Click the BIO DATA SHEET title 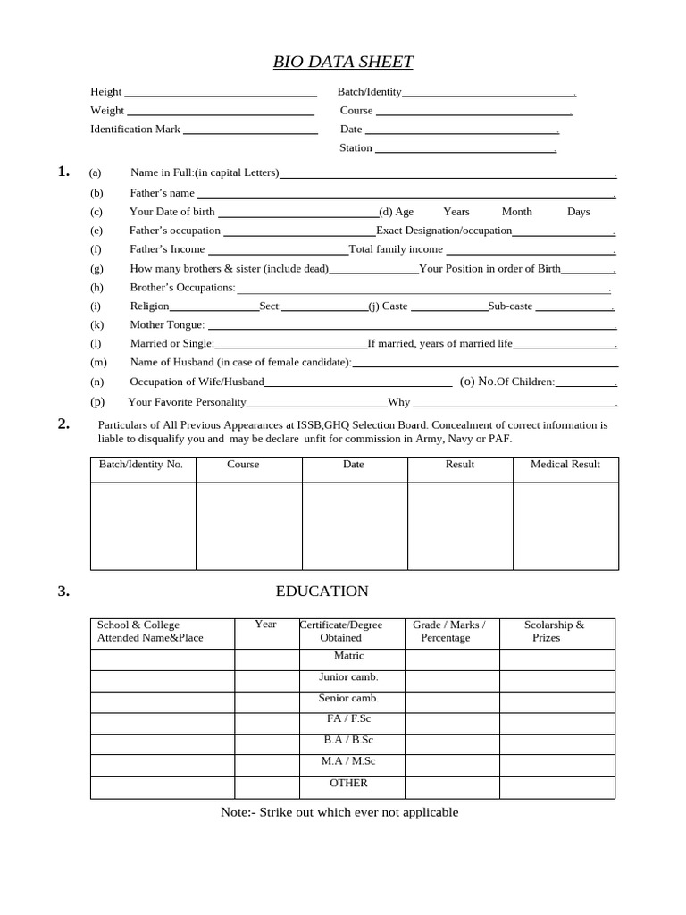point(343,62)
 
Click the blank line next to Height point(221,93)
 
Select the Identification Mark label point(135,129)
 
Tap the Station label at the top point(356,147)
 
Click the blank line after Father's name point(406,195)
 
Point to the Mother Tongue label point(167,324)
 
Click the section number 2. point(63,424)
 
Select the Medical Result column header point(565,465)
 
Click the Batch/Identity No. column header point(141,465)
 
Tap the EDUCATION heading point(322,591)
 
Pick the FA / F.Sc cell point(348,719)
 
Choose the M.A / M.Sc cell point(348,761)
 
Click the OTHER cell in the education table point(348,784)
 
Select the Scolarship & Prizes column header point(554,631)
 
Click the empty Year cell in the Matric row point(266,660)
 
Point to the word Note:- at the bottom point(238,812)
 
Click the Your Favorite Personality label point(187,402)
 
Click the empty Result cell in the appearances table point(460,525)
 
